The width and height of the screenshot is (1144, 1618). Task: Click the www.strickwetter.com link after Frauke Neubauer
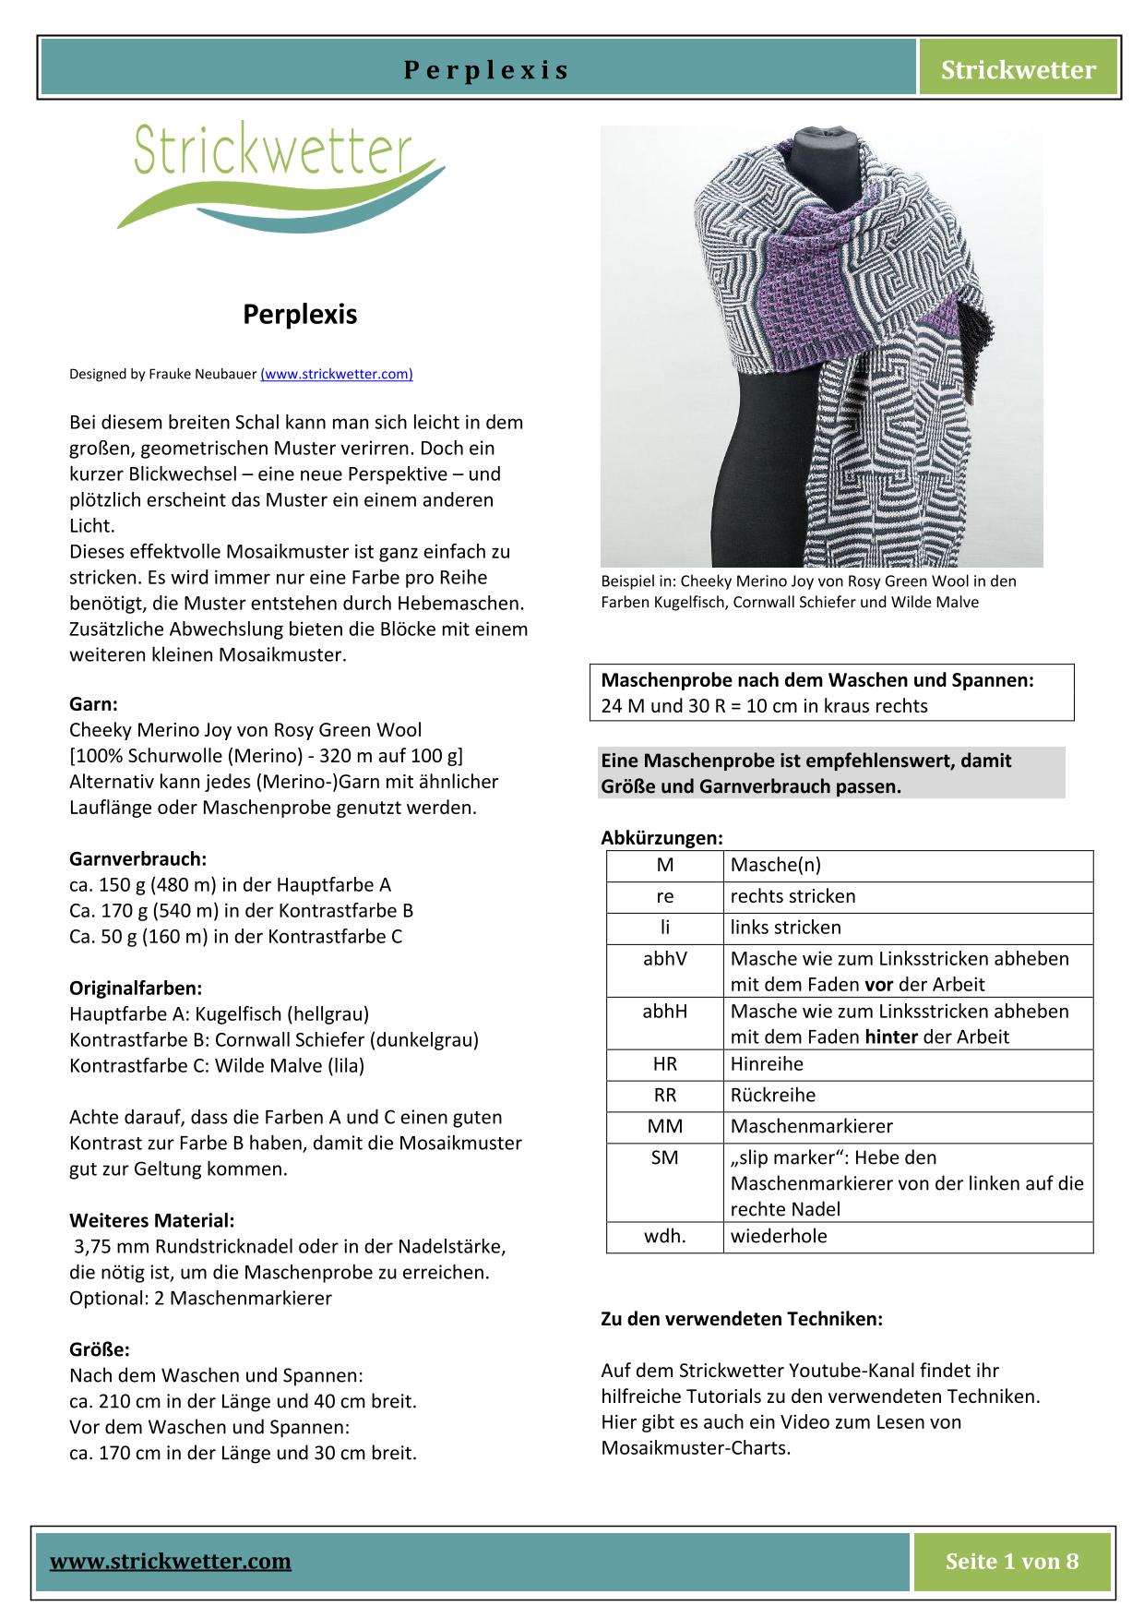[x=337, y=374]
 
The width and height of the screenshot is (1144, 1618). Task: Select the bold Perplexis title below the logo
[x=300, y=315]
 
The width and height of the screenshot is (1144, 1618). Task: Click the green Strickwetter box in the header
[x=1018, y=69]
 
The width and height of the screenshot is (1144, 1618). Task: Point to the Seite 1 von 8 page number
[x=1011, y=1561]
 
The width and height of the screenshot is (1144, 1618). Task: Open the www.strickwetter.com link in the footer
[x=171, y=1561]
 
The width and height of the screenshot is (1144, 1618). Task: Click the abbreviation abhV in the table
[x=664, y=958]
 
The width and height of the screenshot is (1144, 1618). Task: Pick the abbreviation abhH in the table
[x=664, y=1011]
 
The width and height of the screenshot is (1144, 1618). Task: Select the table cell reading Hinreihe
[x=767, y=1063]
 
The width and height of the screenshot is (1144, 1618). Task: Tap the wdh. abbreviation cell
[x=664, y=1236]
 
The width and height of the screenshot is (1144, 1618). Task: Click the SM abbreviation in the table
[x=664, y=1157]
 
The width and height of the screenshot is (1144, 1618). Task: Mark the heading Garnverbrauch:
[x=137, y=858]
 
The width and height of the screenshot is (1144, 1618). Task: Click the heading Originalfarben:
[x=136, y=988]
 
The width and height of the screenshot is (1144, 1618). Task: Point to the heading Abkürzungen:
[x=661, y=838]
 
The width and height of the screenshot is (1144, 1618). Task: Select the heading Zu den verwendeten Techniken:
[x=742, y=1319]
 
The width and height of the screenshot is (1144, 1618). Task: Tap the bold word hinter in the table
[x=891, y=1037]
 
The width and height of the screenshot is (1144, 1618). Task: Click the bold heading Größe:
[x=100, y=1349]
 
